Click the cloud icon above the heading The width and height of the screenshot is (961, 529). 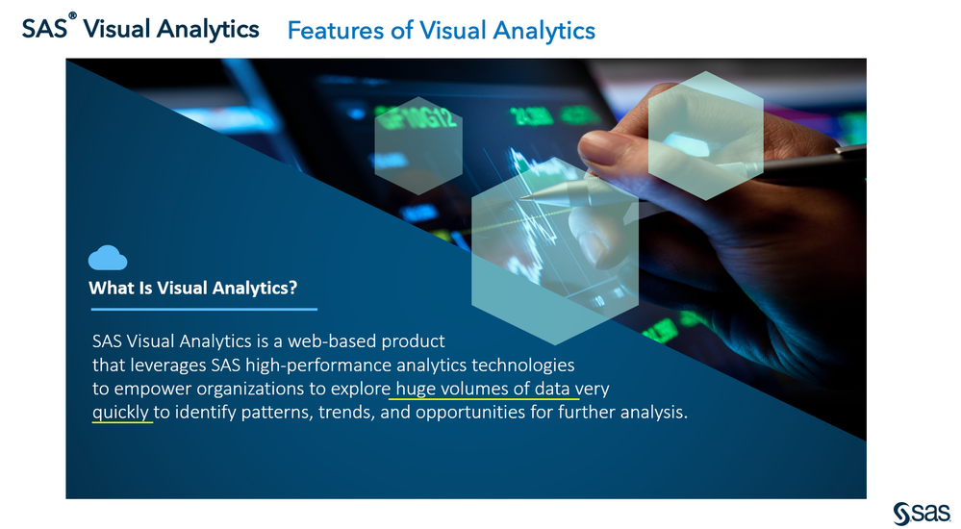(107, 258)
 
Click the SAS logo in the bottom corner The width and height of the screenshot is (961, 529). (922, 514)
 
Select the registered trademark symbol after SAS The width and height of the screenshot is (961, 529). (72, 15)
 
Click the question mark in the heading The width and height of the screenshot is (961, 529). (293, 288)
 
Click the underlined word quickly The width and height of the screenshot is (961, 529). (121, 413)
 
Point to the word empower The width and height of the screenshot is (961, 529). (153, 390)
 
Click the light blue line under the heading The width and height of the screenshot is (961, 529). (204, 310)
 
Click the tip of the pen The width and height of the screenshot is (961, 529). (521, 197)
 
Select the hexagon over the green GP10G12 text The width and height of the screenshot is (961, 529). (418, 146)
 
